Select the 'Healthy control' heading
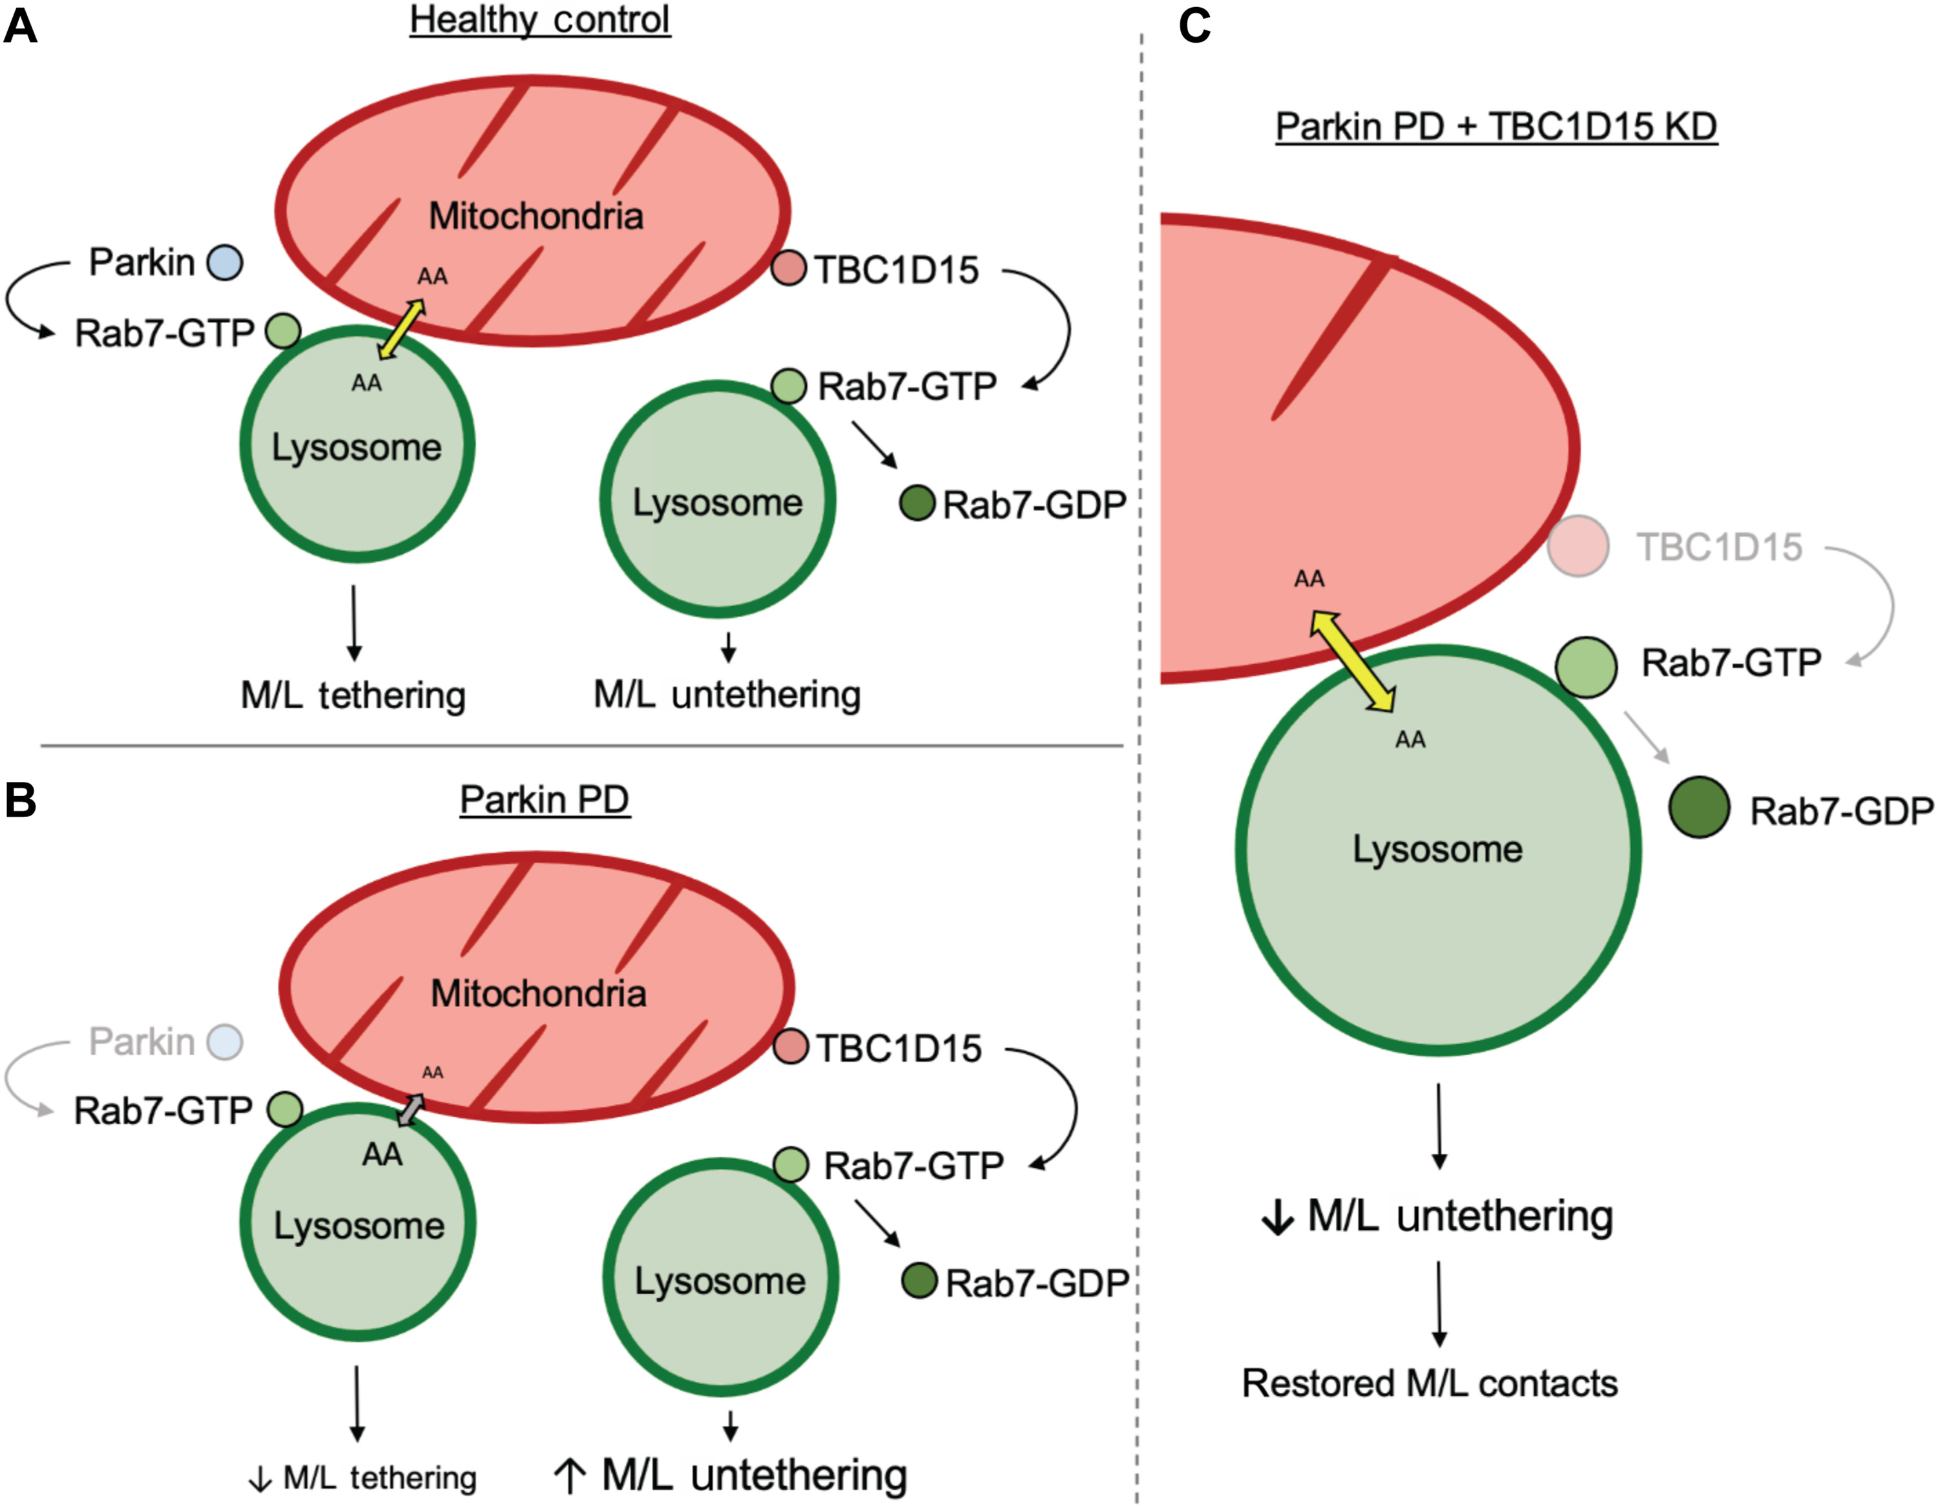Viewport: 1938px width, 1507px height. [539, 19]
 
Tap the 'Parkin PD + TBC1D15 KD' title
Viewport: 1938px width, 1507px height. [1496, 126]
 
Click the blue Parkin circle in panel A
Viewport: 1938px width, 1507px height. [225, 263]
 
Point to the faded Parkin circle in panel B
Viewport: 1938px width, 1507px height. [225, 1041]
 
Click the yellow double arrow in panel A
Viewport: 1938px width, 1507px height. [401, 328]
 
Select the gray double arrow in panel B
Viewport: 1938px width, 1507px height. [410, 1110]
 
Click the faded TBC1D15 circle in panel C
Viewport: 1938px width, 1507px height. [1578, 546]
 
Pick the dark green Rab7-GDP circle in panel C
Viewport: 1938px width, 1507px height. [1699, 806]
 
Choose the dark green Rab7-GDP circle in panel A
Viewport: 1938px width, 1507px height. [917, 503]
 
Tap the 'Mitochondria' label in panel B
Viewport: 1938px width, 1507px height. [539, 993]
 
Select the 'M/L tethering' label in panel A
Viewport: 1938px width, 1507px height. [353, 695]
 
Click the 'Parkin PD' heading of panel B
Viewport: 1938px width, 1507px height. [545, 799]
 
